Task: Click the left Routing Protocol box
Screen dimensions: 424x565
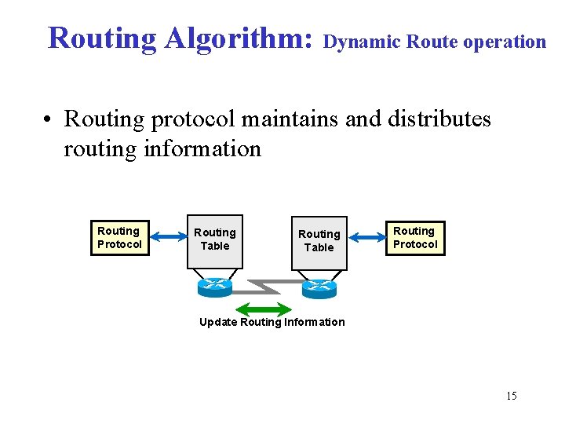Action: pos(119,237)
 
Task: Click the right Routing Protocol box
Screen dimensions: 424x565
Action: pos(415,237)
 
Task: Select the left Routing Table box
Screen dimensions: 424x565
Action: pos(215,239)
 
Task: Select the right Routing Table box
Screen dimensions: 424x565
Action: pos(319,241)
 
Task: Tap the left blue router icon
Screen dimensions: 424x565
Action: pos(215,287)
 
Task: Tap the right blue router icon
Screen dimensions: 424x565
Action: pos(319,288)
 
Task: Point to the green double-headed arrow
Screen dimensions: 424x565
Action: pos(263,308)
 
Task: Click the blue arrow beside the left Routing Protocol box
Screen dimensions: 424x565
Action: pos(166,236)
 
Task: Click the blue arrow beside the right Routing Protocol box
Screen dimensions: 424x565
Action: pos(366,236)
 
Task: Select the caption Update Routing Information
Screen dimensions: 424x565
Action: pos(272,322)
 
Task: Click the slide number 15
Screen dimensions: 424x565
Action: pos(511,396)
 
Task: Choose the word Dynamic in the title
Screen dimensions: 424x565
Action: pos(362,42)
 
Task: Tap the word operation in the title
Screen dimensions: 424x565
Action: pos(504,42)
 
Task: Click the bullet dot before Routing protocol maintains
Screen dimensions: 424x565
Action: pos(49,120)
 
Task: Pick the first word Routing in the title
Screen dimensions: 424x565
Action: pos(102,38)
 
